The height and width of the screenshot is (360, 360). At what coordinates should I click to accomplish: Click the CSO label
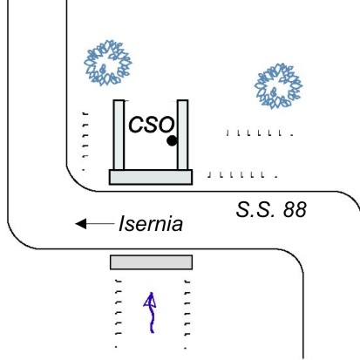152,125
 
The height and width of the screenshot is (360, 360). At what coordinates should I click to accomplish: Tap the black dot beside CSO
172,141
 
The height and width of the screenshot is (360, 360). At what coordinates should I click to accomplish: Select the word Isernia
151,224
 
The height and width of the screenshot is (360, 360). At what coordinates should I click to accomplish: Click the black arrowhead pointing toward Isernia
81,223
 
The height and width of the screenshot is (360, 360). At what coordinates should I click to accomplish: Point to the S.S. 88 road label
271,209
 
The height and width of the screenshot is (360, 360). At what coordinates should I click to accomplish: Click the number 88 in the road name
295,209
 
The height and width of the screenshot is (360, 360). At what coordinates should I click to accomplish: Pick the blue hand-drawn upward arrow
151,312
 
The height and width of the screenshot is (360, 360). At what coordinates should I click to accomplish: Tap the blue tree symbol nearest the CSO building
108,63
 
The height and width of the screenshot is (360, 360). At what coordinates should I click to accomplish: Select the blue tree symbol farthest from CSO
278,86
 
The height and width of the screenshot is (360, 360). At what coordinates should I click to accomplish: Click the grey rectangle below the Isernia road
151,262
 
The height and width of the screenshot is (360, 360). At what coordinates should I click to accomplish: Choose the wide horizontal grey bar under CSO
151,177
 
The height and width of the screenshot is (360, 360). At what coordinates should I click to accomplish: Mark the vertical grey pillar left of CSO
119,135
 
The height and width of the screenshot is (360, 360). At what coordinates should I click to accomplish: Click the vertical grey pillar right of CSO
182,135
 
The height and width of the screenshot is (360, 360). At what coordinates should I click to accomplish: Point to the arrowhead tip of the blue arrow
151,292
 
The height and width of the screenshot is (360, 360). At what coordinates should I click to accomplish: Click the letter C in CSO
136,125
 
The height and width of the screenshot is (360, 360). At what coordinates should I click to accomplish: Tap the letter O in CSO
166,125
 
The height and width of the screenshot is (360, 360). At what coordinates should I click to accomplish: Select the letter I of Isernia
122,224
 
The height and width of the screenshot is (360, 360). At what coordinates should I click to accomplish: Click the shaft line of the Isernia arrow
100,223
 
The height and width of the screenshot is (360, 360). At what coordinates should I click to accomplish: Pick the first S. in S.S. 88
246,209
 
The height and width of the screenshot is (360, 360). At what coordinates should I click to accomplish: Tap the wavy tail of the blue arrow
152,320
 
